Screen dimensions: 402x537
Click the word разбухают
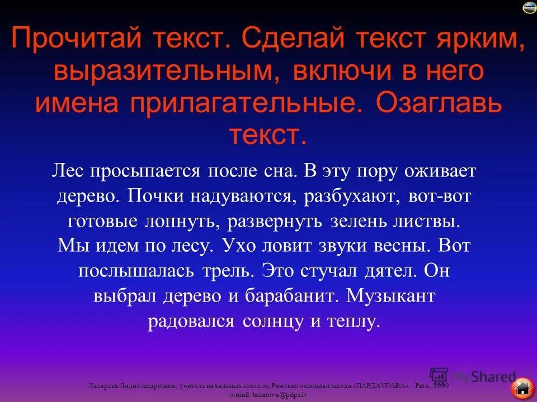[x=350, y=196]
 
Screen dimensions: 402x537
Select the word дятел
[x=389, y=272]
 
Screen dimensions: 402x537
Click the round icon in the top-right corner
[x=529, y=7]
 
